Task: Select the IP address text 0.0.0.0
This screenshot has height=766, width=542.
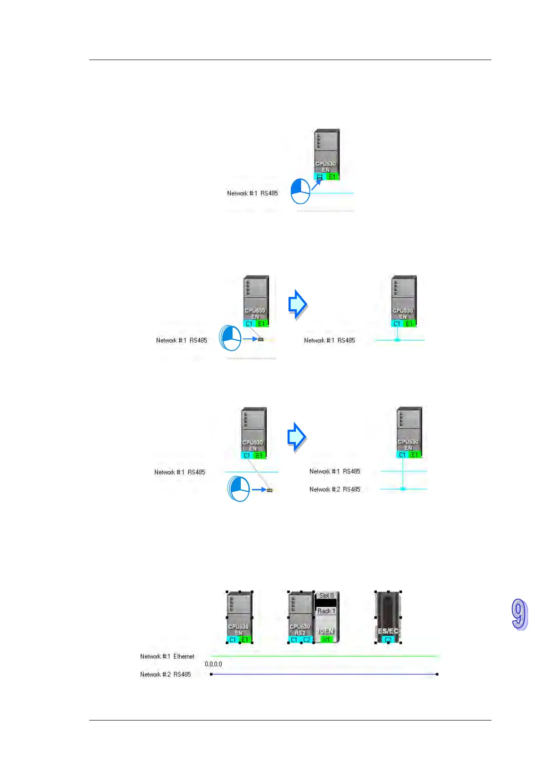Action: [213, 664]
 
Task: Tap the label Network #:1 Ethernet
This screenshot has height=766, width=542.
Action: [167, 656]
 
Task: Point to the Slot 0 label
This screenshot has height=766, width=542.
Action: [326, 595]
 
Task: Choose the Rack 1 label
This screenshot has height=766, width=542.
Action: [326, 611]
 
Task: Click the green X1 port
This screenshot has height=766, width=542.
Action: [326, 640]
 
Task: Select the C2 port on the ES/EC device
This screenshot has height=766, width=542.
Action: [388, 640]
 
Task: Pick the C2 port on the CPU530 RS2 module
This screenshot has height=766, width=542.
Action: [307, 640]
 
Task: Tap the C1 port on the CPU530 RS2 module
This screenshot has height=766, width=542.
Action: [294, 640]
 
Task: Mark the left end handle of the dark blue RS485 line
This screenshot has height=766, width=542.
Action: [211, 674]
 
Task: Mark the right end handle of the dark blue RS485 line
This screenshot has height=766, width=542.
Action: [437, 674]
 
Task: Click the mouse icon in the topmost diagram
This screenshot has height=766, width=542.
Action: [300, 191]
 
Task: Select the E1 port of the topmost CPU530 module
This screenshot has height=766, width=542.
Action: [332, 176]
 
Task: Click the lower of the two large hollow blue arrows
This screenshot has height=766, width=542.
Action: [297, 437]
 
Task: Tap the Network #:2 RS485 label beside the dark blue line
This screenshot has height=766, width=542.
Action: [165, 675]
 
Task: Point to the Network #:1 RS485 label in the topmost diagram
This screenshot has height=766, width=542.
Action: [252, 193]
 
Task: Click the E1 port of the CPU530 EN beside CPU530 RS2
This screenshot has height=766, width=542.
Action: [245, 640]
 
